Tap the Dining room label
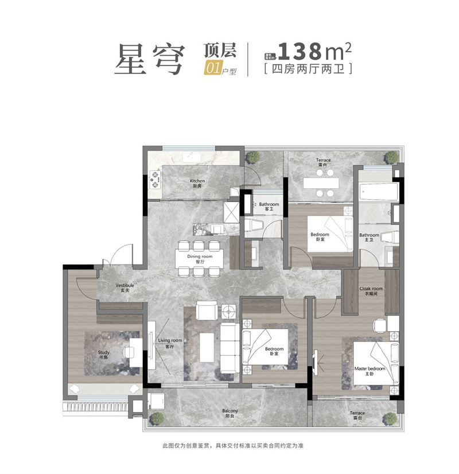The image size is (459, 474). click(200, 259)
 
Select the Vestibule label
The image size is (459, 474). click(125, 287)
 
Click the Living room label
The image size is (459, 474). click(170, 343)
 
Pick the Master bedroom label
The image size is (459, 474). click(368, 370)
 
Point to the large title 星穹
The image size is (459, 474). click(149, 60)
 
